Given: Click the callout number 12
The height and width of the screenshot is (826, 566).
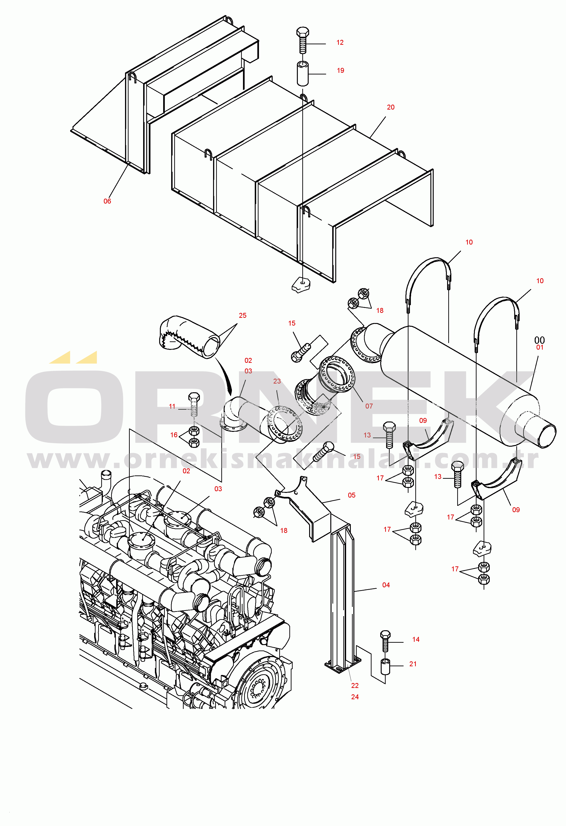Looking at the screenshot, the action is point(340,43).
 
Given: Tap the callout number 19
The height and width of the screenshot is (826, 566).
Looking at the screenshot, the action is point(340,70).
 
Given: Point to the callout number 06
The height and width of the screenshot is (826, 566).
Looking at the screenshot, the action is point(107,201).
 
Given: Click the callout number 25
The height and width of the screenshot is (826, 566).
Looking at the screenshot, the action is point(243,315).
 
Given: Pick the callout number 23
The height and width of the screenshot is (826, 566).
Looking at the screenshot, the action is point(277,381).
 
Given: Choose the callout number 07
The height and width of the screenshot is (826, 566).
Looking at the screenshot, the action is point(369,406).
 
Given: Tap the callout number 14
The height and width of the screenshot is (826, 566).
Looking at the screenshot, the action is point(416,639).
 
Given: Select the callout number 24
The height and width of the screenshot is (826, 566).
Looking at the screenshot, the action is point(355,697).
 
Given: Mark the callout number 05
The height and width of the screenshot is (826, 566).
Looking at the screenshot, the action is point(352,495).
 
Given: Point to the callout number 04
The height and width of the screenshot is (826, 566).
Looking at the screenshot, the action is point(386,585).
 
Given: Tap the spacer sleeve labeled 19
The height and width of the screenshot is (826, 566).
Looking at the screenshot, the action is point(303,74).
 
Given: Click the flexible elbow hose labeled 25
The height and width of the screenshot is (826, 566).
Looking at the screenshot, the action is point(189,336).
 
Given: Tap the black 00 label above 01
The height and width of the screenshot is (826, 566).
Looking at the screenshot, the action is point(539,340).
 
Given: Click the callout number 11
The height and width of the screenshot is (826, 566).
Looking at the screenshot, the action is point(172,406).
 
